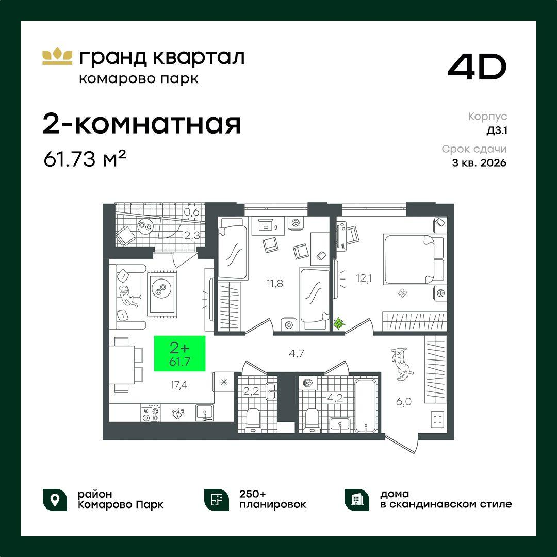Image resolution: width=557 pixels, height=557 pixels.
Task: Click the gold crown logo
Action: click(57, 57)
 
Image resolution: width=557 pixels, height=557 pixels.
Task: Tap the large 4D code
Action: click(477, 68)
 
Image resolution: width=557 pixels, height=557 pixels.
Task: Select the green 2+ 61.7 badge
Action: click(180, 353)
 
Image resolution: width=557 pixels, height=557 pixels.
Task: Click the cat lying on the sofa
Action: click(127, 297)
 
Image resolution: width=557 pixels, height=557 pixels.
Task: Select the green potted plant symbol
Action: click(339, 324)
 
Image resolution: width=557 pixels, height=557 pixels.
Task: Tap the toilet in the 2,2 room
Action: click(253, 418)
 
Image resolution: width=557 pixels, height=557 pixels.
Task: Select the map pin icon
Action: click(55, 499)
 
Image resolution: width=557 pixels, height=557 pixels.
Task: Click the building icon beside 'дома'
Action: click(356, 499)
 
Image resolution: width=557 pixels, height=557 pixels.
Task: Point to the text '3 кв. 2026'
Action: click(479, 163)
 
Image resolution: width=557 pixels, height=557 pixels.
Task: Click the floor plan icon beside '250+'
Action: click(216, 499)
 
